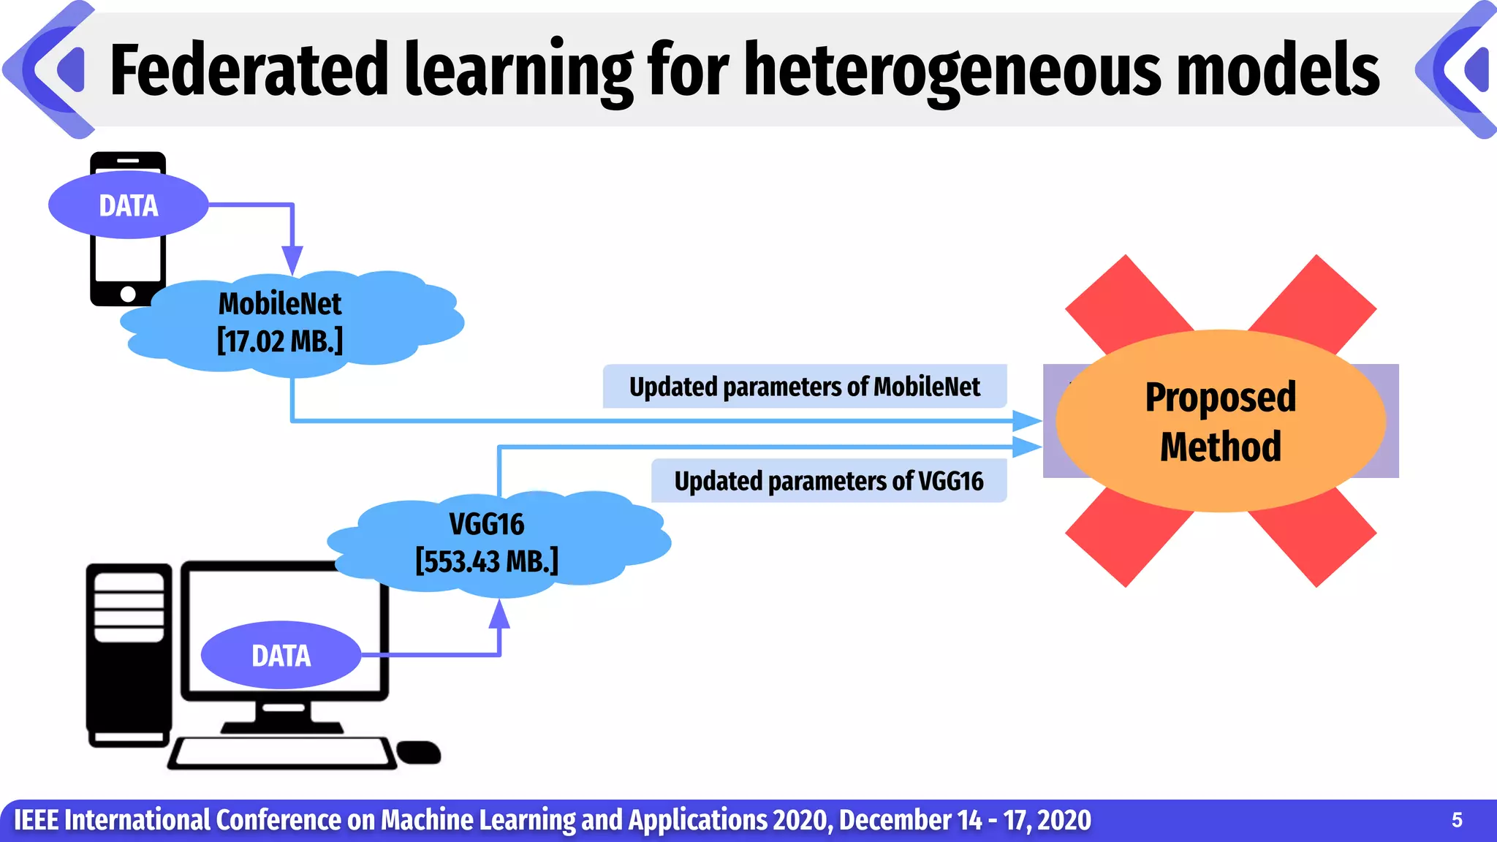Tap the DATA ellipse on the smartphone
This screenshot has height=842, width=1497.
pyautogui.click(x=129, y=205)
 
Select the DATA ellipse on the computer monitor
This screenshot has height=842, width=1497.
pyautogui.click(x=281, y=656)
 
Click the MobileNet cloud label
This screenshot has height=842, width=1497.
pyautogui.click(x=280, y=304)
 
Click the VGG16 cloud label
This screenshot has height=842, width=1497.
pyautogui.click(x=487, y=524)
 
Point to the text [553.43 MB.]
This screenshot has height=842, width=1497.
pyautogui.click(x=487, y=561)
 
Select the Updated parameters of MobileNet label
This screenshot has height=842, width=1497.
pyautogui.click(x=804, y=387)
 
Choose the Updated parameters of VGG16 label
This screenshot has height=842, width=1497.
pyautogui.click(x=828, y=481)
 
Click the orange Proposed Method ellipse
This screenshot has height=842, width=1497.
pyautogui.click(x=1221, y=421)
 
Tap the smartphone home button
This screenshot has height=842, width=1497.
pyautogui.click(x=128, y=294)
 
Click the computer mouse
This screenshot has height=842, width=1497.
pyautogui.click(x=419, y=753)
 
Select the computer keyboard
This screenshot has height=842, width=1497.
pyautogui.click(x=281, y=753)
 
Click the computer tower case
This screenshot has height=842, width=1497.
pyautogui.click(x=129, y=654)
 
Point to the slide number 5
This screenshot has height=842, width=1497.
pyautogui.click(x=1457, y=820)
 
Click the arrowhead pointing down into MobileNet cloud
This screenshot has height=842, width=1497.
pyautogui.click(x=292, y=260)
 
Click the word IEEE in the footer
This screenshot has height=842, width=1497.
pyautogui.click(x=36, y=820)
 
